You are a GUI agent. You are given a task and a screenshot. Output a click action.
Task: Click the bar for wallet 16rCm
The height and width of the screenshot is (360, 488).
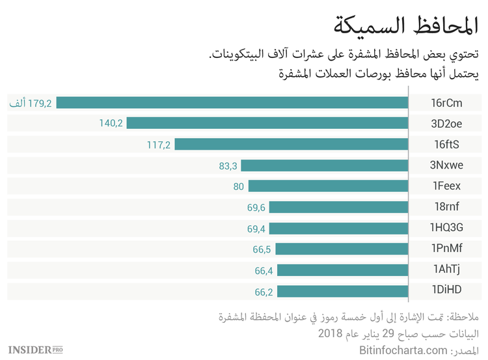[x=232, y=102]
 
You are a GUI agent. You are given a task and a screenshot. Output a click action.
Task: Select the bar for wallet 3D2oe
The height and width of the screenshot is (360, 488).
[x=267, y=123]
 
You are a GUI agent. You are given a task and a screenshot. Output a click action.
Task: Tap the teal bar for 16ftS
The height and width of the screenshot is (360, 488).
[x=291, y=144]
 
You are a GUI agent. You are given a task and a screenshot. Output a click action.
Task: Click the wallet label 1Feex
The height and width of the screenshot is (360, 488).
[x=446, y=186]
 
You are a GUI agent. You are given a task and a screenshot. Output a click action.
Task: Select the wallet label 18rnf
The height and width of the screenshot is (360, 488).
[x=446, y=207]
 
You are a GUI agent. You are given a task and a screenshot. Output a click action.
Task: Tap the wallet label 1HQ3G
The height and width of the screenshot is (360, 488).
[x=446, y=228]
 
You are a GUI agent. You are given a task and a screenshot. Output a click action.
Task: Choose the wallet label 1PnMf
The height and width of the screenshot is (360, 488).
[x=446, y=249]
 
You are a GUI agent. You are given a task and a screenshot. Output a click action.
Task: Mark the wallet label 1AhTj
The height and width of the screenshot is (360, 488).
[x=446, y=270]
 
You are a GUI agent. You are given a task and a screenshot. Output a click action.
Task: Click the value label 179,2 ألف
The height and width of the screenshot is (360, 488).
[x=30, y=102]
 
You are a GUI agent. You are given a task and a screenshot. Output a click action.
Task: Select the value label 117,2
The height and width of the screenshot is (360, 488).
[x=158, y=145]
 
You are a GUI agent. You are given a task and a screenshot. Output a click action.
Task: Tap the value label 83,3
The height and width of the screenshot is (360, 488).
[x=228, y=165]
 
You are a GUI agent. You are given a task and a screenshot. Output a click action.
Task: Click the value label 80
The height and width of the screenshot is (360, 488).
[x=238, y=186]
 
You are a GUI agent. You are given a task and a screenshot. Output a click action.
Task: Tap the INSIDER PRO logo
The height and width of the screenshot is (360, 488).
[x=36, y=350]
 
